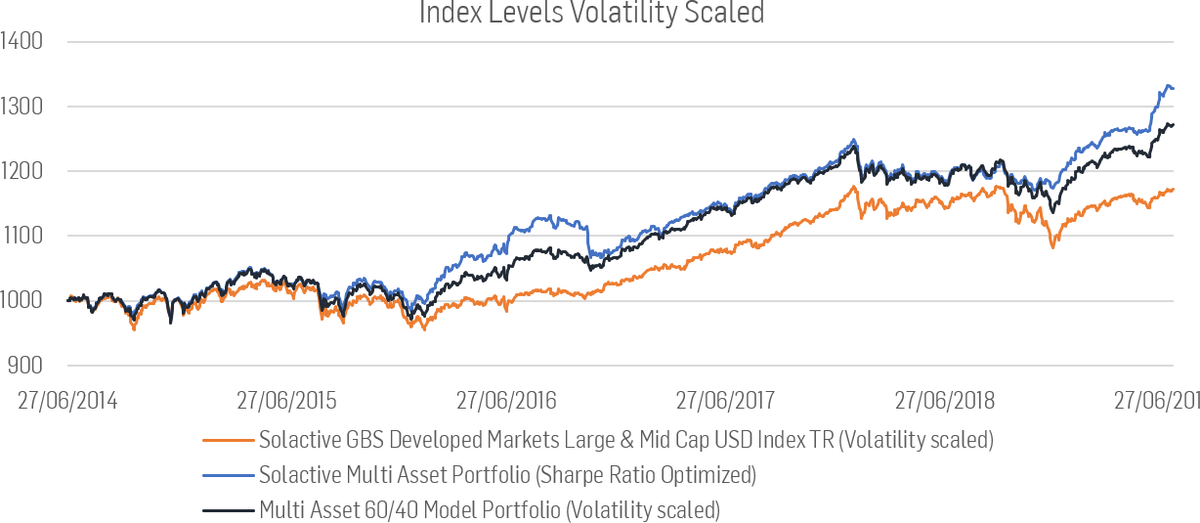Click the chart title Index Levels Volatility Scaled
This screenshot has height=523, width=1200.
tap(591, 14)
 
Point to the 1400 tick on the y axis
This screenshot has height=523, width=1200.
tap(21, 42)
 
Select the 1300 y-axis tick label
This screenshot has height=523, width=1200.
tap(21, 107)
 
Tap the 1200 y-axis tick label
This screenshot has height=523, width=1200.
tap(21, 171)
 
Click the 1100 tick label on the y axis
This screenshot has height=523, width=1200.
tap(21, 236)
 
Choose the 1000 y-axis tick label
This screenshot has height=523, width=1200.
tap(21, 300)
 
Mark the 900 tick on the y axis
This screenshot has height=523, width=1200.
tap(24, 365)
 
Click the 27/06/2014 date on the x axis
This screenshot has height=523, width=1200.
tap(67, 401)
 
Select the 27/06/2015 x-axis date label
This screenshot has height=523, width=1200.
tap(286, 401)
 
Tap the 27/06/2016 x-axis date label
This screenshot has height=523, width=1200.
tap(506, 401)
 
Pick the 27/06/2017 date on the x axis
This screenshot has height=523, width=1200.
tap(725, 401)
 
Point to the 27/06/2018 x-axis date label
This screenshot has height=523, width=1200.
tap(945, 401)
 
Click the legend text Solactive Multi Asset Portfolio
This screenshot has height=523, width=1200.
tap(507, 475)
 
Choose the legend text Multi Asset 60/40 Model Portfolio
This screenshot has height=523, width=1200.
tap(489, 509)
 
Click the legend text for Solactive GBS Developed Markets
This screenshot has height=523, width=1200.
tap(625, 440)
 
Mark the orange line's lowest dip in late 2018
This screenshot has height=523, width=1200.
tap(1052, 247)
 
